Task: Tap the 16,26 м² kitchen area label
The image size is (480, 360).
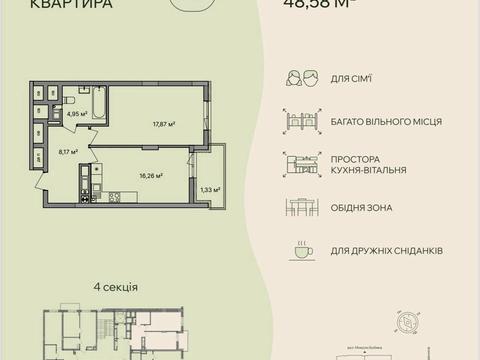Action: pyautogui.click(x=152, y=175)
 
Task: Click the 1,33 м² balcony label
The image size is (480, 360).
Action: pyautogui.click(x=209, y=189)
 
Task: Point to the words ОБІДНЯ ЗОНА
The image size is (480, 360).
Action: pyautogui.click(x=366, y=208)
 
